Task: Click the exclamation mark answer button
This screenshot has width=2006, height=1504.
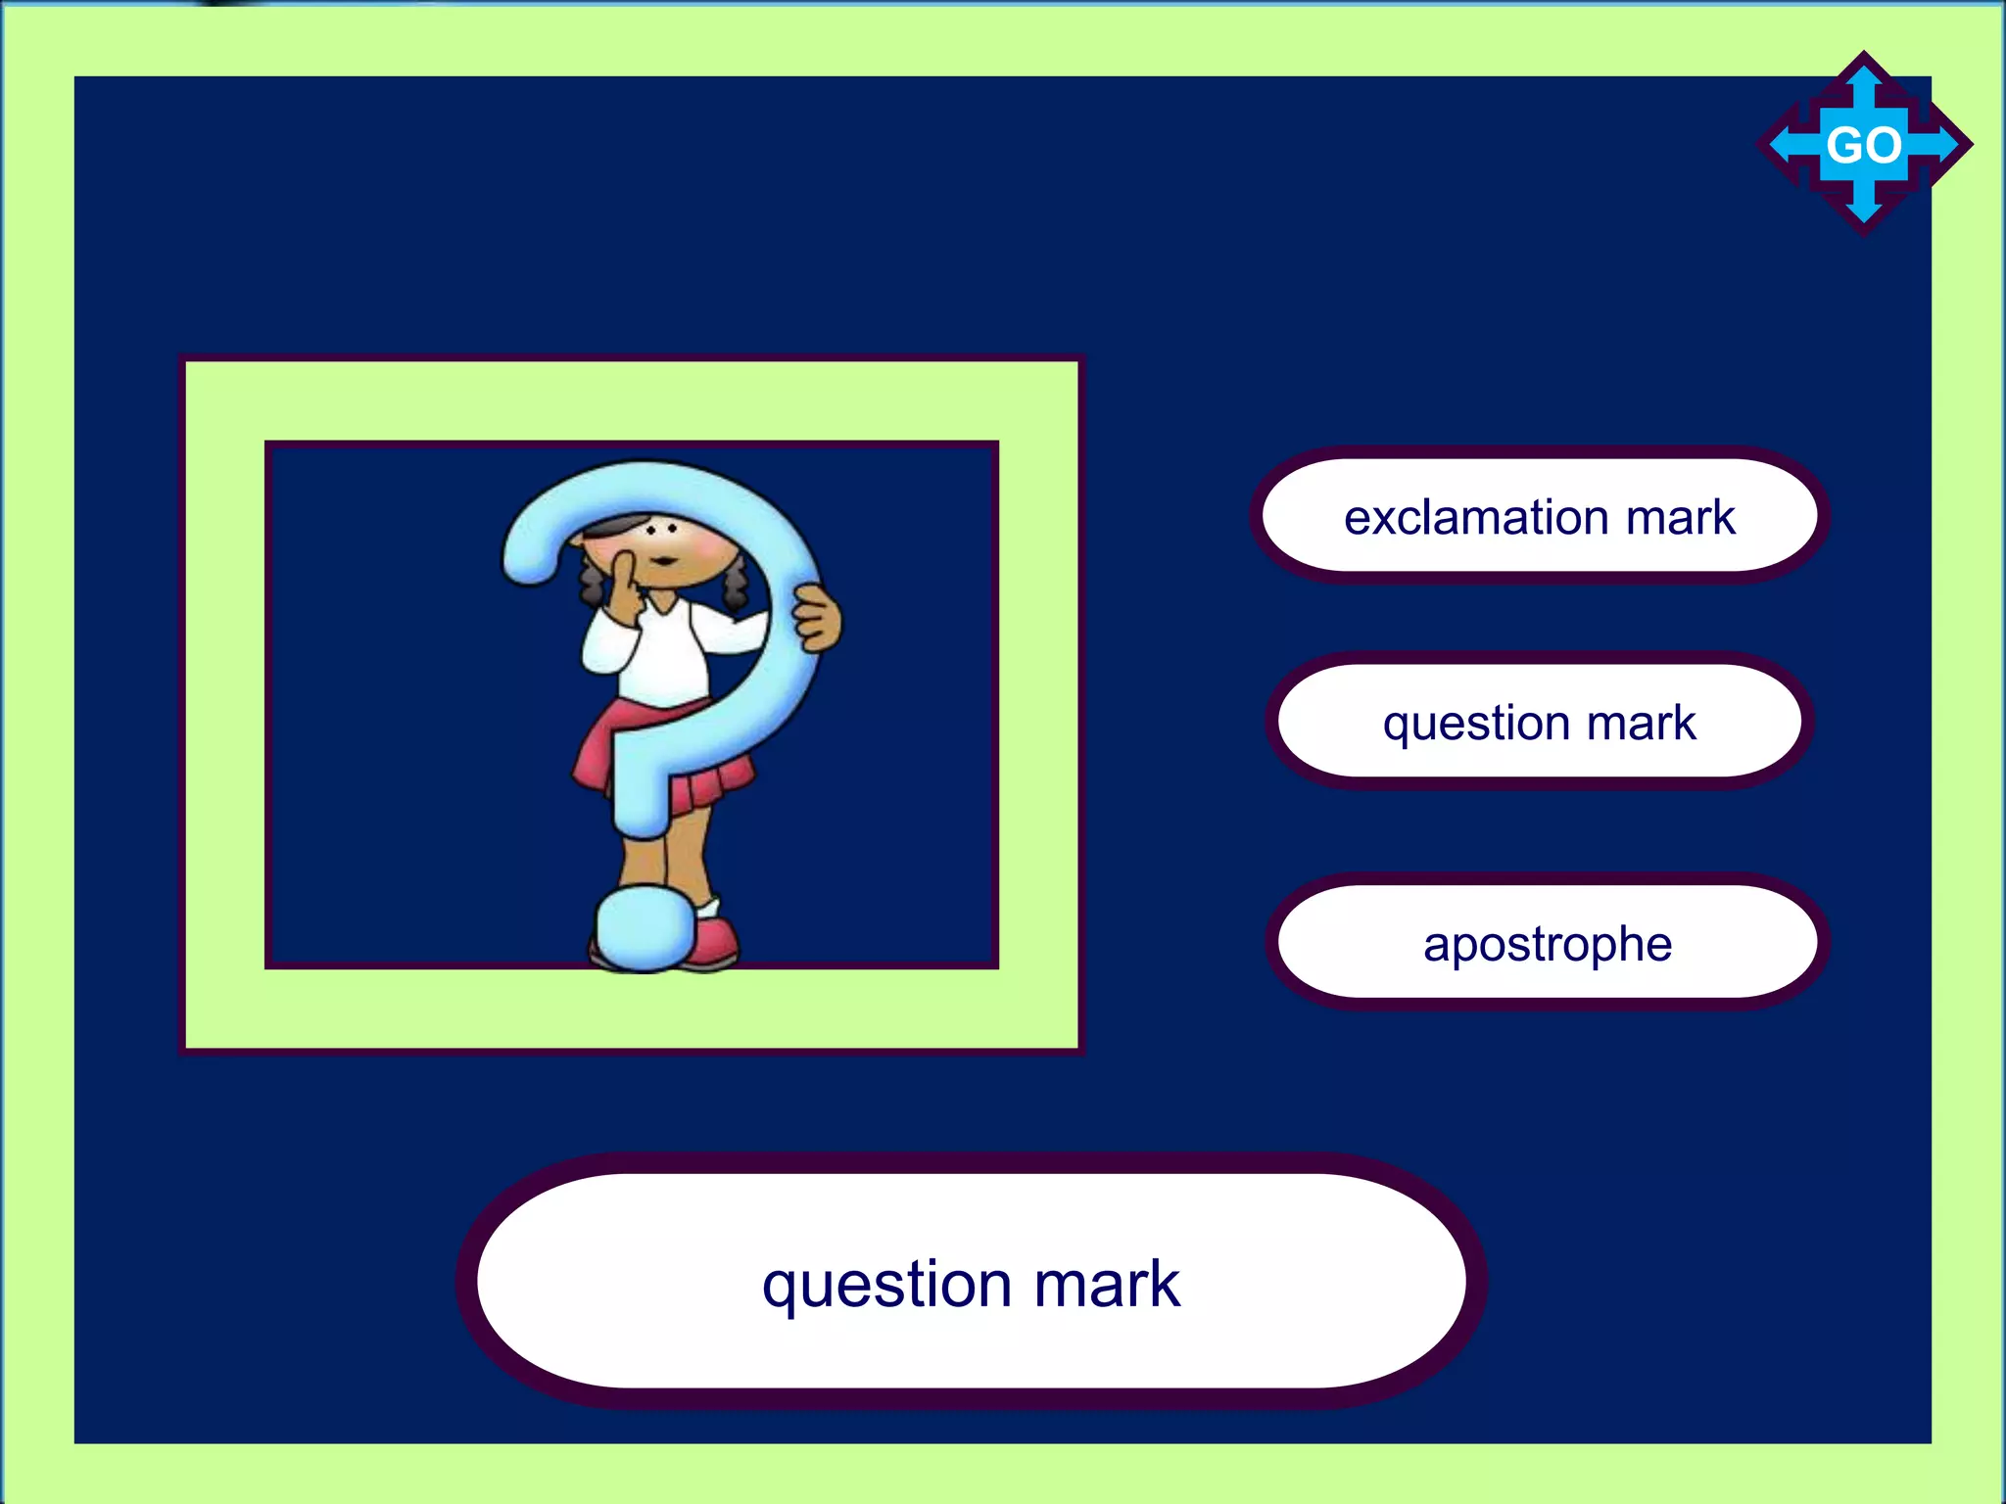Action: pos(1539,516)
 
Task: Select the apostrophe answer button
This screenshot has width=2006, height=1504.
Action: pos(1547,944)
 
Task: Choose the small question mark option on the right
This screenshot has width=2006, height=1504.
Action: pos(1539,723)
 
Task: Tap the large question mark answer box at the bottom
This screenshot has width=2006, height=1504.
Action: pos(971,1282)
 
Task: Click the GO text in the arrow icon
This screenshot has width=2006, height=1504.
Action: pos(1863,146)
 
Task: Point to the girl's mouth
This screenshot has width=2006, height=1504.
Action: pos(664,561)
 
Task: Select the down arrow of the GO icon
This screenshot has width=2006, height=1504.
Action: pos(1863,209)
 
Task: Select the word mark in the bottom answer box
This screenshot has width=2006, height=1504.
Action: pos(1106,1284)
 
